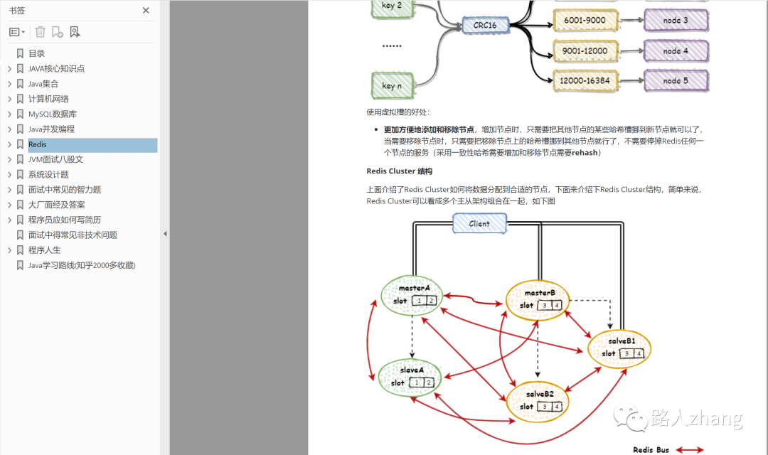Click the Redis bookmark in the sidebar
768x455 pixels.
pos(38,144)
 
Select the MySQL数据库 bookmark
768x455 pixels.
pos(53,114)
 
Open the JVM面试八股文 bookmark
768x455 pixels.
pos(55,159)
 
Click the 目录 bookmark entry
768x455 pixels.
pos(36,53)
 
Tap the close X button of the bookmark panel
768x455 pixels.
pos(146,11)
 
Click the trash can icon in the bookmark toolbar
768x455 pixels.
pos(41,32)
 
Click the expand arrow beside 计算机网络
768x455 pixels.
pos(9,99)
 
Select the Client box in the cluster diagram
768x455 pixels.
pos(479,223)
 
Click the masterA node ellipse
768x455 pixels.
pos(412,295)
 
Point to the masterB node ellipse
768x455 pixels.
pos(538,299)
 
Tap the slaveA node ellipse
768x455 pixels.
pos(411,377)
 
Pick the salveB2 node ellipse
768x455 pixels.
pos(538,400)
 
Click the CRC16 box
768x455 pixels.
pos(485,26)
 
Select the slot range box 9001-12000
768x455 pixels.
pos(585,50)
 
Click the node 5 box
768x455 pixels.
pos(676,80)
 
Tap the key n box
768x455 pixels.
pos(393,85)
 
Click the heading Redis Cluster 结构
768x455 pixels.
pos(399,171)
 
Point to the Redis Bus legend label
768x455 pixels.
pos(651,449)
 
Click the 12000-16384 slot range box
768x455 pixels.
pos(585,80)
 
